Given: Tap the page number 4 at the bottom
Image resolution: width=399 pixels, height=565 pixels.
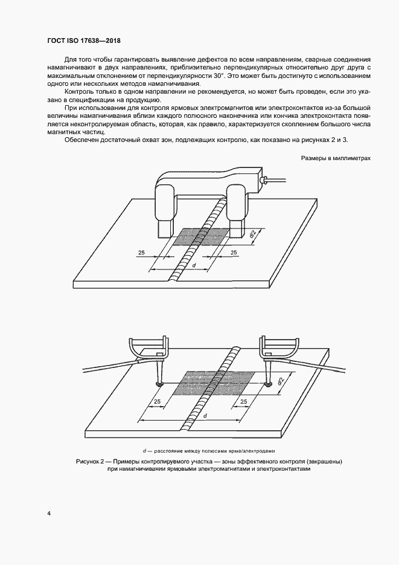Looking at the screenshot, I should coord(48,513).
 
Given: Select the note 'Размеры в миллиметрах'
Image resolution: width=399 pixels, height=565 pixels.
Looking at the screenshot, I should coord(335,158).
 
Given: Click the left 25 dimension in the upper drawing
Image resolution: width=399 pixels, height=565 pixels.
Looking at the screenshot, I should coord(141,251).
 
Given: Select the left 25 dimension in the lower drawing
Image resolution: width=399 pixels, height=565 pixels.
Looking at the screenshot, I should coord(157,402).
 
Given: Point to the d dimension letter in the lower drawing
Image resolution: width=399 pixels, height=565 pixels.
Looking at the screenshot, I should coord(205,416).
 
